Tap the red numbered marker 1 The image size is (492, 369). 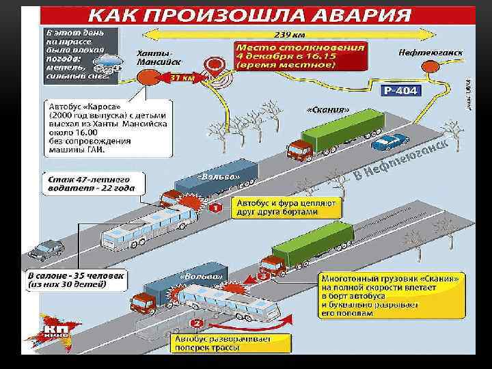[x=215, y=207]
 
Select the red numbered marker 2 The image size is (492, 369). [x=197, y=323]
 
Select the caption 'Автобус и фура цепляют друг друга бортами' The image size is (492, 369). [x=277, y=208]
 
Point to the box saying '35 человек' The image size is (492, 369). [x=77, y=280]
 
